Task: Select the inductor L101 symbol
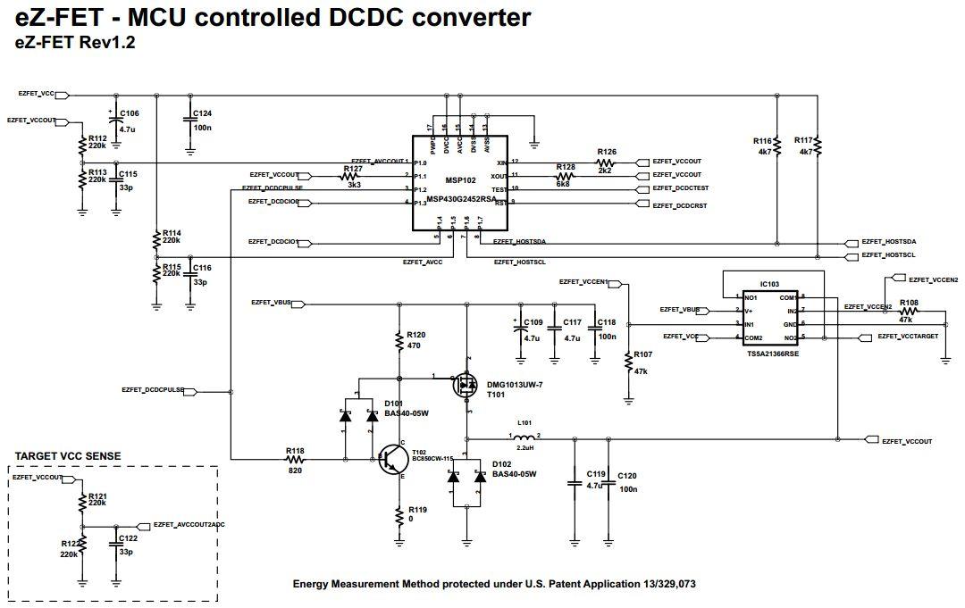[525, 437]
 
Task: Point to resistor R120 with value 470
[400, 340]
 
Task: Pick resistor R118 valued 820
[295, 459]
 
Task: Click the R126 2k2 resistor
[606, 162]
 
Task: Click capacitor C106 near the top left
[114, 121]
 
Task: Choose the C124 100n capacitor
[189, 121]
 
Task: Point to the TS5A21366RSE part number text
[772, 353]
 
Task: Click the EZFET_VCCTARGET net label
[907, 336]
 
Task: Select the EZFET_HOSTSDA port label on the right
[888, 242]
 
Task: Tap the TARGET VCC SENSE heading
[68, 456]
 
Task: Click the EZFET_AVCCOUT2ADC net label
[189, 525]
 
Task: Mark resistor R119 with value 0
[400, 514]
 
